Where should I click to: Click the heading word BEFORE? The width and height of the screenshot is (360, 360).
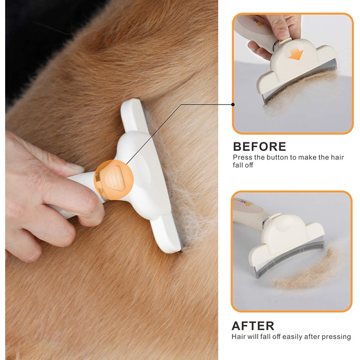(259, 147)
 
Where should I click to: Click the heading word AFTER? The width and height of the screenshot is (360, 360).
(253, 326)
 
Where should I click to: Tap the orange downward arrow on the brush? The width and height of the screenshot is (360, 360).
(296, 55)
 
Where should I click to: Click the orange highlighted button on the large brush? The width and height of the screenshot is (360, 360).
(114, 179)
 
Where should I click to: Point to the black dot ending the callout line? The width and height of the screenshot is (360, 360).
(233, 104)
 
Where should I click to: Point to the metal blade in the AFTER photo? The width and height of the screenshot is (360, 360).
(290, 257)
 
